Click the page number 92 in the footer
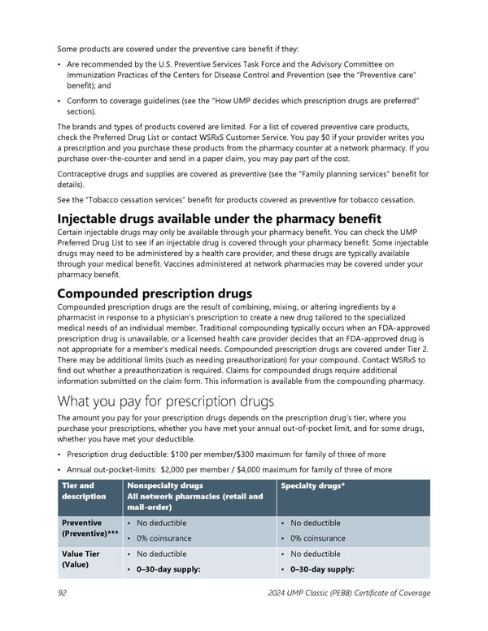62,593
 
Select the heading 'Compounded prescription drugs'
155,293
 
